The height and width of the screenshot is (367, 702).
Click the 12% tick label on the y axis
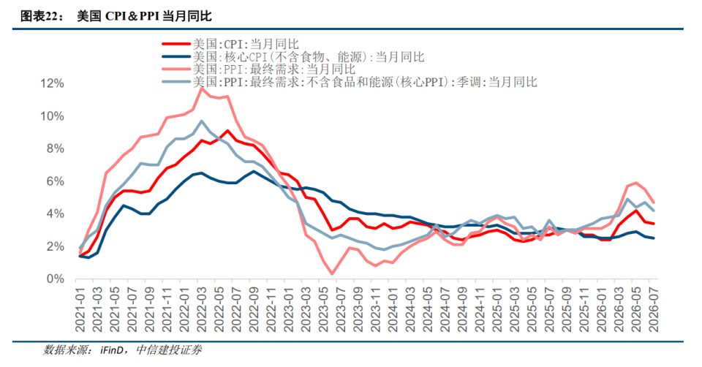pos(52,83)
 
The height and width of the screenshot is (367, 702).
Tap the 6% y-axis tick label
pos(55,181)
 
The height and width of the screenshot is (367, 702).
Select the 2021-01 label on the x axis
pos(80,309)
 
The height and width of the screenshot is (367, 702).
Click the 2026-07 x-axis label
pos(654,309)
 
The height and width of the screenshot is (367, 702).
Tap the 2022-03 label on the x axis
pos(202,309)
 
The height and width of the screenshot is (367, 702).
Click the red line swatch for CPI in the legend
pos(176,44)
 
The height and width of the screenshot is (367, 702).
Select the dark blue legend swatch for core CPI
pos(176,56)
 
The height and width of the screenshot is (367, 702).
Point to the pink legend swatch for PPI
pos(176,69)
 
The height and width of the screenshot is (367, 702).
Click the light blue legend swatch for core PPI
pos(176,81)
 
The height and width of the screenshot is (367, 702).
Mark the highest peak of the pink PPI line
pos(202,88)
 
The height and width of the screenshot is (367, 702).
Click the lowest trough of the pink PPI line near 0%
pos(332,274)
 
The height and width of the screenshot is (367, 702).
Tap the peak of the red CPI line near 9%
pos(228,131)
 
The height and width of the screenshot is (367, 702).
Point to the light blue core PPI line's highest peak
pos(202,121)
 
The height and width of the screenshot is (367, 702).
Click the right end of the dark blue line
pos(654,238)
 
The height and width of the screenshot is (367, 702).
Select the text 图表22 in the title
pos(39,17)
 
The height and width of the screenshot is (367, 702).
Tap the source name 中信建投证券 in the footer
pos(169,350)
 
